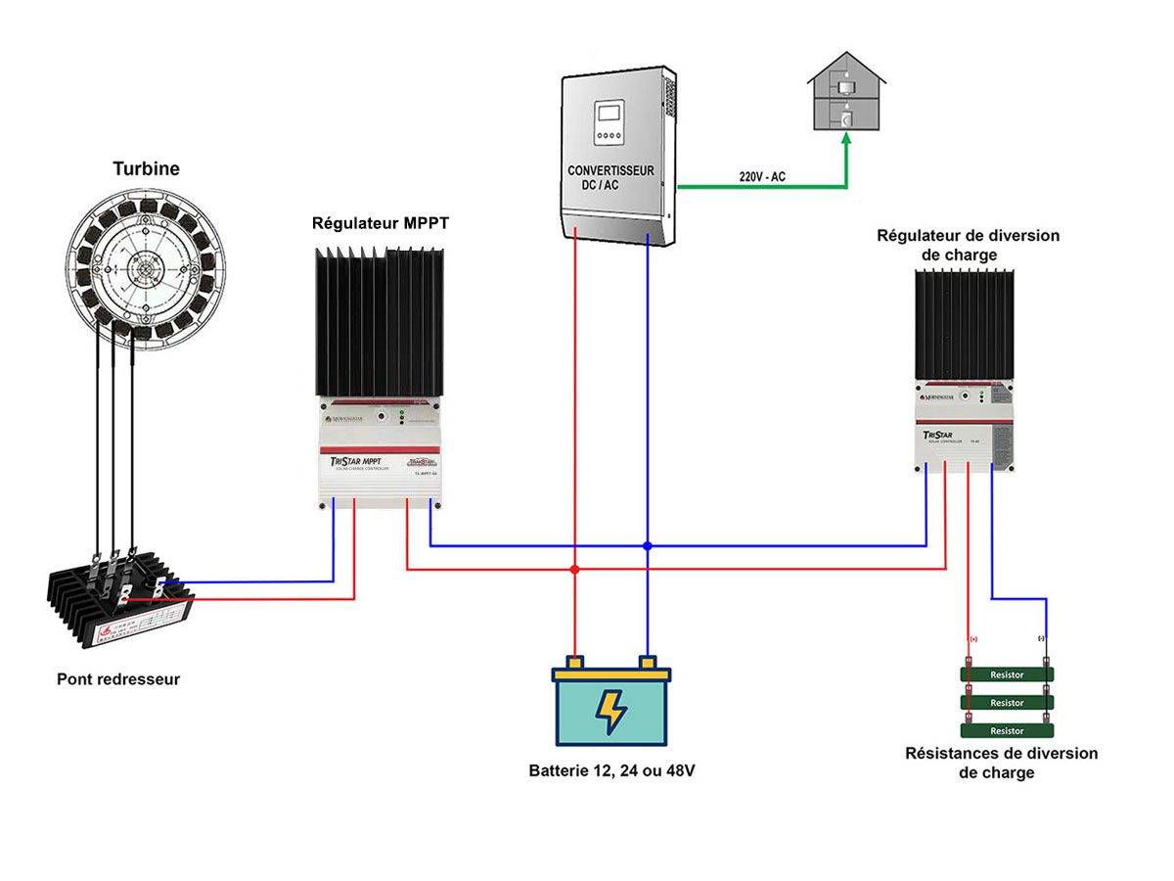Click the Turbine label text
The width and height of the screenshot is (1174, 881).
pos(146,168)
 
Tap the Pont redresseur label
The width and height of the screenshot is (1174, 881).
pos(118,678)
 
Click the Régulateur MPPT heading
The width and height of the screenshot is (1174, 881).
pos(381,223)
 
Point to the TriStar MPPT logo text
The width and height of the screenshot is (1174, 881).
pos(353,461)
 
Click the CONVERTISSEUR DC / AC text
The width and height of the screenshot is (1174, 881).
pos(610,177)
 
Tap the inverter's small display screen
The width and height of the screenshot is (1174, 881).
pos(609,116)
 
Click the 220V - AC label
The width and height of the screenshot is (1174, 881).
pos(762,176)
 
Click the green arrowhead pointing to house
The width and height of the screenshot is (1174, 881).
pos(846,139)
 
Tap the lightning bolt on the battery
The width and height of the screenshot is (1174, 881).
pos(611,712)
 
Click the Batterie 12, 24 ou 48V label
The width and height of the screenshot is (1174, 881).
pos(611,770)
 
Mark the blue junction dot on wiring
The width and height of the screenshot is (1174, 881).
pos(648,545)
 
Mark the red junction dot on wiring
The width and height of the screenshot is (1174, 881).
pos(575,568)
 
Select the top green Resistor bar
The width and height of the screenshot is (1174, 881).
pos(1007,674)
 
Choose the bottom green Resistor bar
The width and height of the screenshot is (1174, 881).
pos(1007,730)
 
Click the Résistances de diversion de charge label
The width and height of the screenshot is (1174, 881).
pos(1001,763)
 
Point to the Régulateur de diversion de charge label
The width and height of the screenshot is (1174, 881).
pos(967,245)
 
